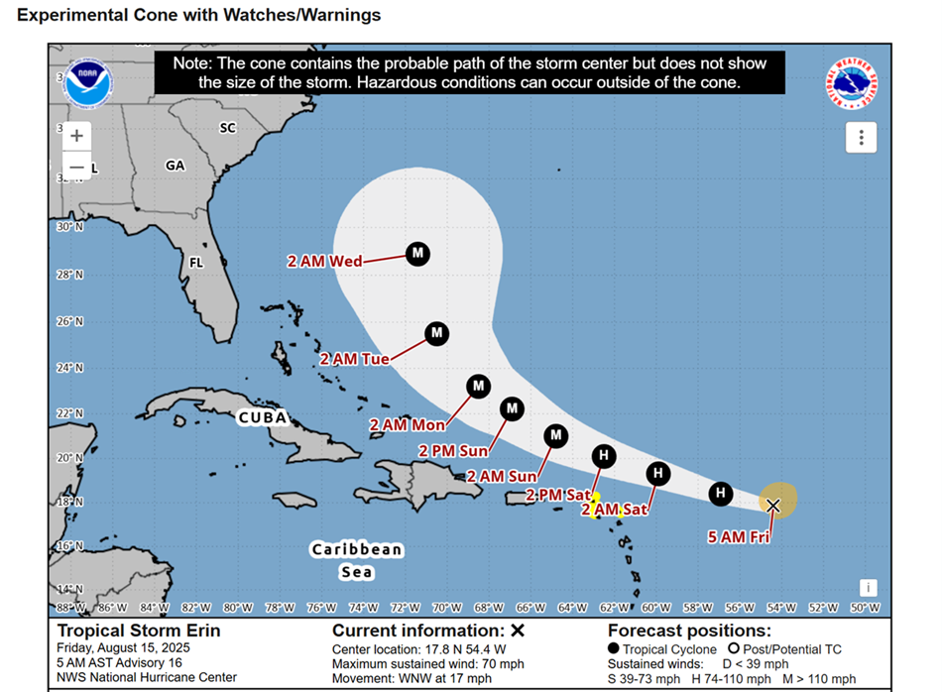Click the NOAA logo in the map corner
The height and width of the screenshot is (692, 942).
[88, 83]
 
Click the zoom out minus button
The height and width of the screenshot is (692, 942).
[76, 168]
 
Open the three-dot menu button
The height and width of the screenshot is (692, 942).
[861, 137]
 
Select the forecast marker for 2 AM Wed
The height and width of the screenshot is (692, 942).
[417, 254]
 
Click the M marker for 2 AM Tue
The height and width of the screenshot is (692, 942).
[436, 334]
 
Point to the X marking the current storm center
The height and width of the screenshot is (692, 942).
[773, 506]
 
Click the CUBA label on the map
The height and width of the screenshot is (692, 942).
[263, 417]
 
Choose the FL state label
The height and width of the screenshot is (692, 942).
[196, 264]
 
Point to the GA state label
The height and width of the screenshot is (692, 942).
[176, 166]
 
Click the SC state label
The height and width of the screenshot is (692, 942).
[228, 128]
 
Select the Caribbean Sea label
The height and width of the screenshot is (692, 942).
[357, 560]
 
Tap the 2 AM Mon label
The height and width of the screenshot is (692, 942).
[408, 425]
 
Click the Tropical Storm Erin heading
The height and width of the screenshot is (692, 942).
[138, 631]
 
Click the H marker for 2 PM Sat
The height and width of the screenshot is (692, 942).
[603, 456]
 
